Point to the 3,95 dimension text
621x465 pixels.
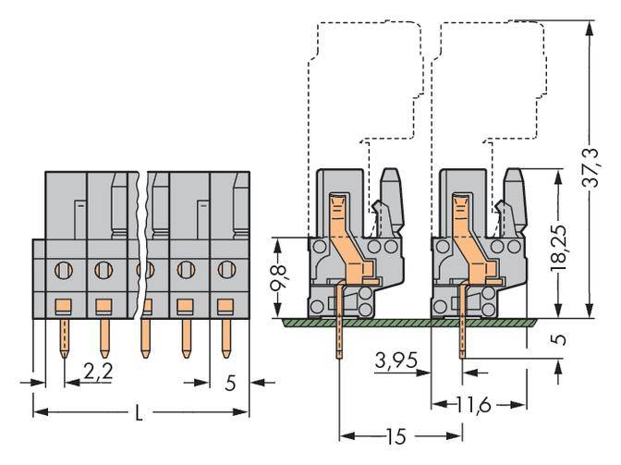(395, 357)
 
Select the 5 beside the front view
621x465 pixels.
(230, 381)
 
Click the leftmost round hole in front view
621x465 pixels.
(63, 271)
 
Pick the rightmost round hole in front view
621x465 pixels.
(225, 271)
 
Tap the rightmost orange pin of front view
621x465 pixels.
(225, 337)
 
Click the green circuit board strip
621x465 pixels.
(407, 321)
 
